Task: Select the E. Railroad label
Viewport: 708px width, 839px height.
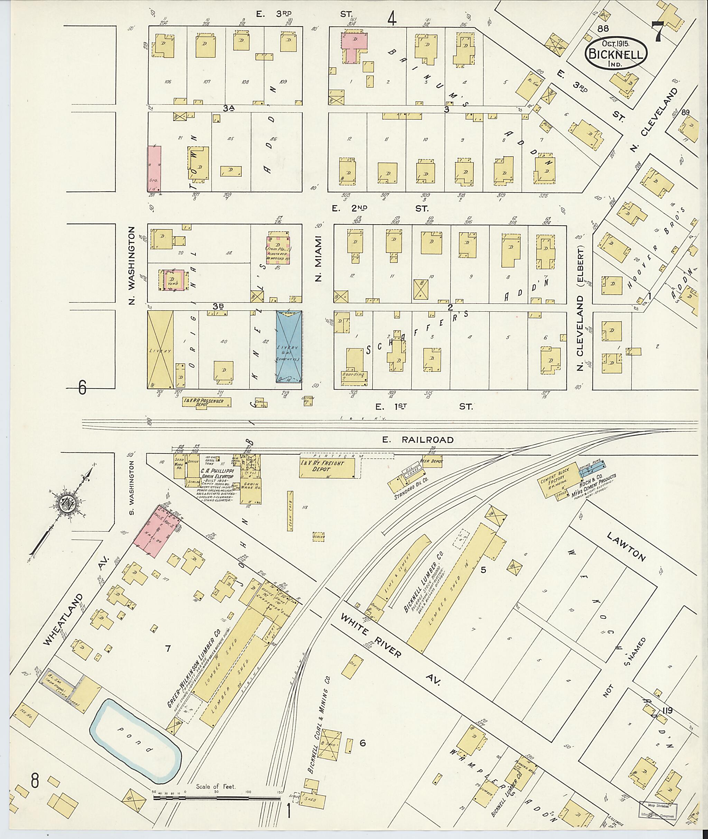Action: pyautogui.click(x=417, y=440)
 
